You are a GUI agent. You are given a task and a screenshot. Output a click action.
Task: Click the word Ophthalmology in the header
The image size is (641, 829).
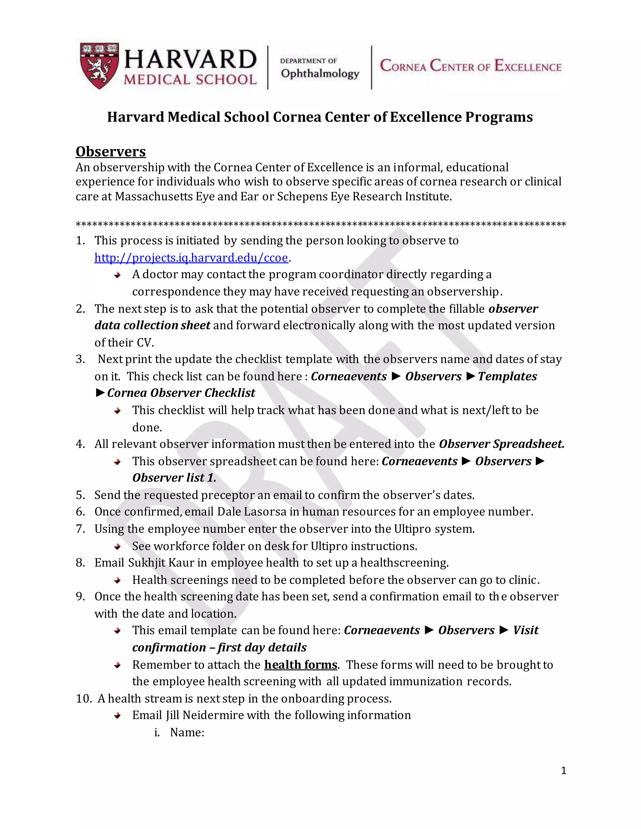320,73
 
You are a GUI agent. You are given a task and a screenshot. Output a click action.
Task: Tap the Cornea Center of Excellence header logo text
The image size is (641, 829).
470,66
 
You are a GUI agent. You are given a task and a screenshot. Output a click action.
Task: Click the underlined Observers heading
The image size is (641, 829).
110,151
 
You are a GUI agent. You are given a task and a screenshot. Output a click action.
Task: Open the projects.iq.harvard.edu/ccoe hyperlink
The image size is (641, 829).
191,258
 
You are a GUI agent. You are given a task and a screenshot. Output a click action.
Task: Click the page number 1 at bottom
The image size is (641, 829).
563,770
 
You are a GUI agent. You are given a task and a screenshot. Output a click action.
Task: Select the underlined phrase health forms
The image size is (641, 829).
300,665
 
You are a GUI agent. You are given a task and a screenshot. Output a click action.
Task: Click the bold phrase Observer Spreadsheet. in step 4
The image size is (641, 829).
501,444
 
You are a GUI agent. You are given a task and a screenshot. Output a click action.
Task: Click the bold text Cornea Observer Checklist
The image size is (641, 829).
181,393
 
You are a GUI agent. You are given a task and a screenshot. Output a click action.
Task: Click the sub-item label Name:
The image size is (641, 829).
187,732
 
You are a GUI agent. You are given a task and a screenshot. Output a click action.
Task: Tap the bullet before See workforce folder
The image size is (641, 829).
117,547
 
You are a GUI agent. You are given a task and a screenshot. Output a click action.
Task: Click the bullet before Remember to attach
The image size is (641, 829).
117,665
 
